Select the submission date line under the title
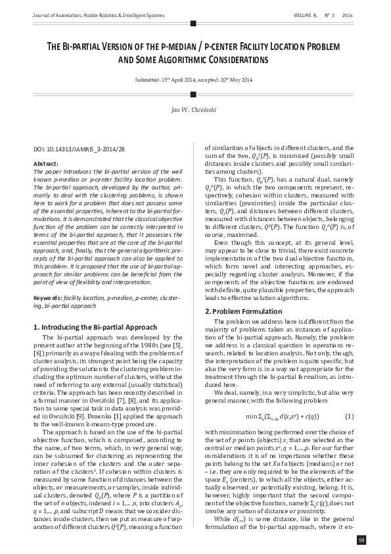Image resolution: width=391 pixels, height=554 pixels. coord(193,80)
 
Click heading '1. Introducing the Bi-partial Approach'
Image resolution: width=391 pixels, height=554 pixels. coord(95,326)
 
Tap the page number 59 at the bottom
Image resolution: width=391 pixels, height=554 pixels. coord(361,540)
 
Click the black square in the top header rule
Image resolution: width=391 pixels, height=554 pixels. coord(193,23)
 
